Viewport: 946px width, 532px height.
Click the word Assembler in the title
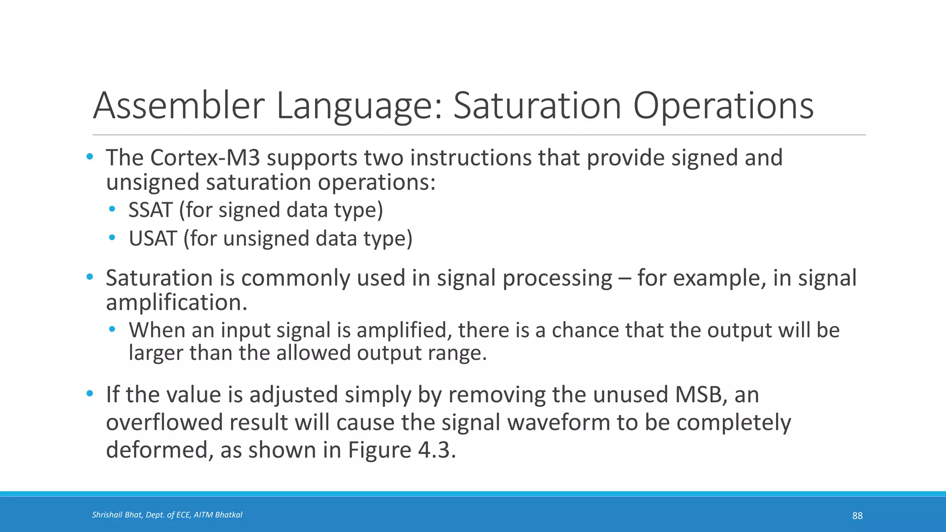(179, 106)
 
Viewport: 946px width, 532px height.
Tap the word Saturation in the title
(537, 106)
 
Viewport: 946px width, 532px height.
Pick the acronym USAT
(152, 239)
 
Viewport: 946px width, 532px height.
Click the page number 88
(857, 516)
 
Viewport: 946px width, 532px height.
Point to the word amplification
(176, 303)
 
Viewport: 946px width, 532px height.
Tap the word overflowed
(164, 423)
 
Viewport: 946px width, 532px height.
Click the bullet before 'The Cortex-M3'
(90, 157)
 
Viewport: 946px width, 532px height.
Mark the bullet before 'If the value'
(90, 394)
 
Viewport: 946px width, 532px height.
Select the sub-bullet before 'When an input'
(112, 330)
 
